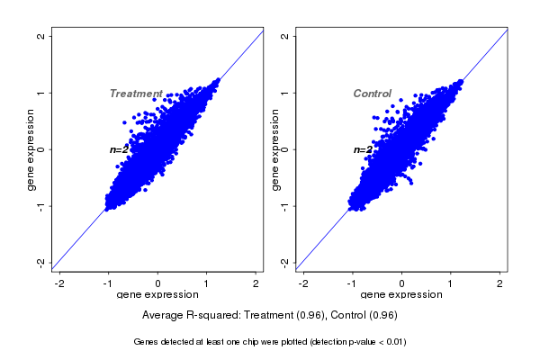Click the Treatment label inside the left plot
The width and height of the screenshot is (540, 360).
pos(136,94)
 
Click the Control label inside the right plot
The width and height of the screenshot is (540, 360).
pos(372,94)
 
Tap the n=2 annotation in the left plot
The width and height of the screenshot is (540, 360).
pos(120,149)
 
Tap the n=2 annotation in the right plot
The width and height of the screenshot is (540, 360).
pos(363,149)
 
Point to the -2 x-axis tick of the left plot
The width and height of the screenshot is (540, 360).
pos(59,283)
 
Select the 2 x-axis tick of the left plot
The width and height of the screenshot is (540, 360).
pos(256,283)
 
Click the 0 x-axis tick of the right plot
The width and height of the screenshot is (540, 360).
pos(401,283)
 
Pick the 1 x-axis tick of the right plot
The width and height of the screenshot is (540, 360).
pos(451,283)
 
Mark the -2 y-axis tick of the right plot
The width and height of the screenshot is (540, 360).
pos(285,262)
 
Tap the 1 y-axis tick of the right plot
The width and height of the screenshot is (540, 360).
pos(285,93)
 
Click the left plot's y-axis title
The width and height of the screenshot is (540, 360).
pos(31,149)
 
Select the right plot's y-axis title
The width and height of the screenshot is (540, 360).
pos(274,149)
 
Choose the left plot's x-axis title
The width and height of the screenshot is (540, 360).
pos(157,295)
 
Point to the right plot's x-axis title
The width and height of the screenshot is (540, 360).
pos(401,295)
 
